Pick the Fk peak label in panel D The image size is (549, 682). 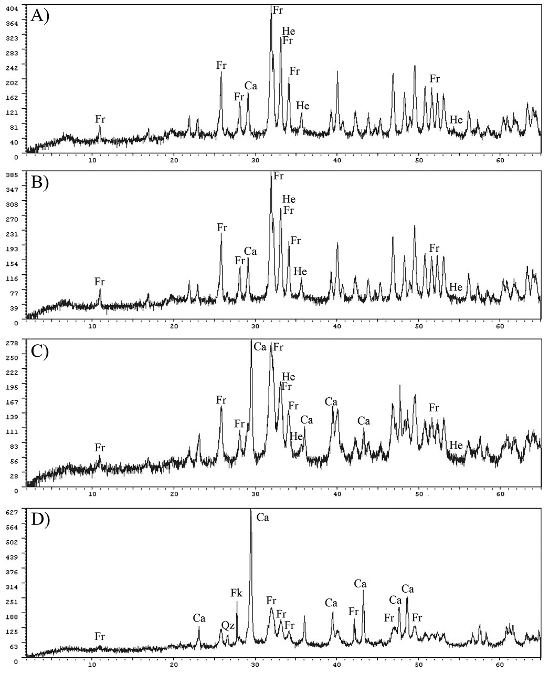tap(236, 593)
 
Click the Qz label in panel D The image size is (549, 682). tap(227, 625)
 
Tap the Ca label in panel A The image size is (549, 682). tap(251, 86)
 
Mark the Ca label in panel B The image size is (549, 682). tap(250, 251)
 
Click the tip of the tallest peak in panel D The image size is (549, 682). tap(251, 510)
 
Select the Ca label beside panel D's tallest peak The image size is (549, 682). tap(262, 518)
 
